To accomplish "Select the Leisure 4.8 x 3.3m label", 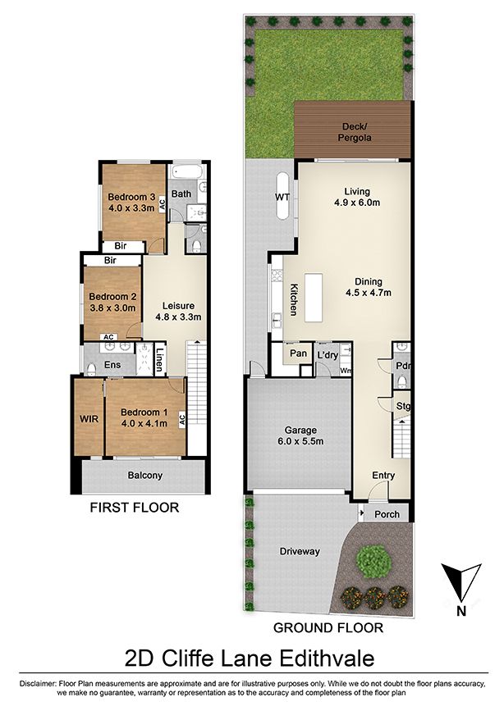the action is pyautogui.click(x=178, y=311).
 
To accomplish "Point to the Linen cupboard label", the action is pyautogui.click(x=159, y=360).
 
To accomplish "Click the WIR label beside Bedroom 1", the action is pyautogui.click(x=89, y=419).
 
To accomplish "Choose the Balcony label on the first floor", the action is pyautogui.click(x=144, y=475).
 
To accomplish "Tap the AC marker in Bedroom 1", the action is pyautogui.click(x=182, y=419).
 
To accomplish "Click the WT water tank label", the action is pyautogui.click(x=283, y=197).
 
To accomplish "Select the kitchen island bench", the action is pyautogui.click(x=314, y=297).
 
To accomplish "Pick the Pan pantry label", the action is pyautogui.click(x=298, y=353).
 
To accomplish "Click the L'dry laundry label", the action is pyautogui.click(x=328, y=355).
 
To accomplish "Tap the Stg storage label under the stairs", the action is pyautogui.click(x=403, y=406).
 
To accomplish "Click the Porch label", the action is pyautogui.click(x=387, y=514).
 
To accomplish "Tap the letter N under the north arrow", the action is pyautogui.click(x=461, y=611).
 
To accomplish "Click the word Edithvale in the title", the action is pyautogui.click(x=327, y=658).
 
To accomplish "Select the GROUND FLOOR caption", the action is pyautogui.click(x=328, y=627).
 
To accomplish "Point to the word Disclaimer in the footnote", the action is pyautogui.click(x=38, y=683).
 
